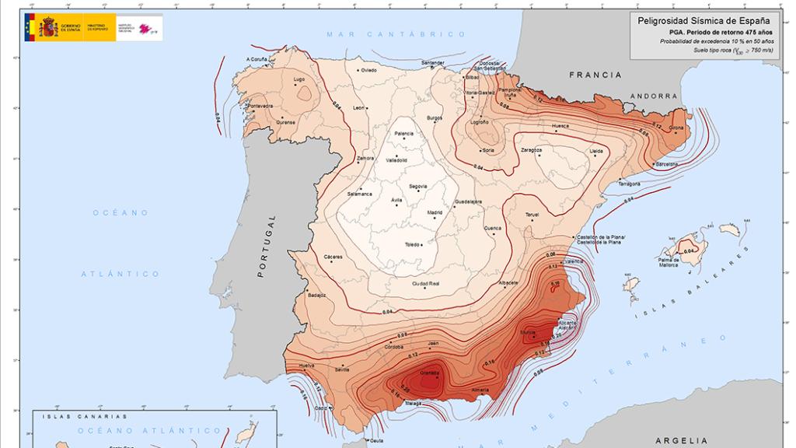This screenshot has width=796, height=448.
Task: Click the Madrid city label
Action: pos(435,212)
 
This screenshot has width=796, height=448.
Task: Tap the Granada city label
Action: pos(430,374)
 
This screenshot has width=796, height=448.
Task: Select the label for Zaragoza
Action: pos(532,149)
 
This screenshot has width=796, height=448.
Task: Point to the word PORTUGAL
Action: pos(262,246)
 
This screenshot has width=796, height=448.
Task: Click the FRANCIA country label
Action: pos(595,75)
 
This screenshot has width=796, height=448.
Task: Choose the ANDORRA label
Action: pos(655,96)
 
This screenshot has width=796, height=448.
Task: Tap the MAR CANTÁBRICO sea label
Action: pos(396,34)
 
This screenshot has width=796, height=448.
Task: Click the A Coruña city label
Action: pos(257,59)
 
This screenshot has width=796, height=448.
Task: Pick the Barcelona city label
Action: pos(667,165)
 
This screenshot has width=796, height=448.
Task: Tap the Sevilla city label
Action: pos(342,369)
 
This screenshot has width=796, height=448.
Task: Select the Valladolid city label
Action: pos(396,159)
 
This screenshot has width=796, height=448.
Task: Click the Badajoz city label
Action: pos(316,296)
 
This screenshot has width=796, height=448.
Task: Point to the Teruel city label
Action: pos(532,214)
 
